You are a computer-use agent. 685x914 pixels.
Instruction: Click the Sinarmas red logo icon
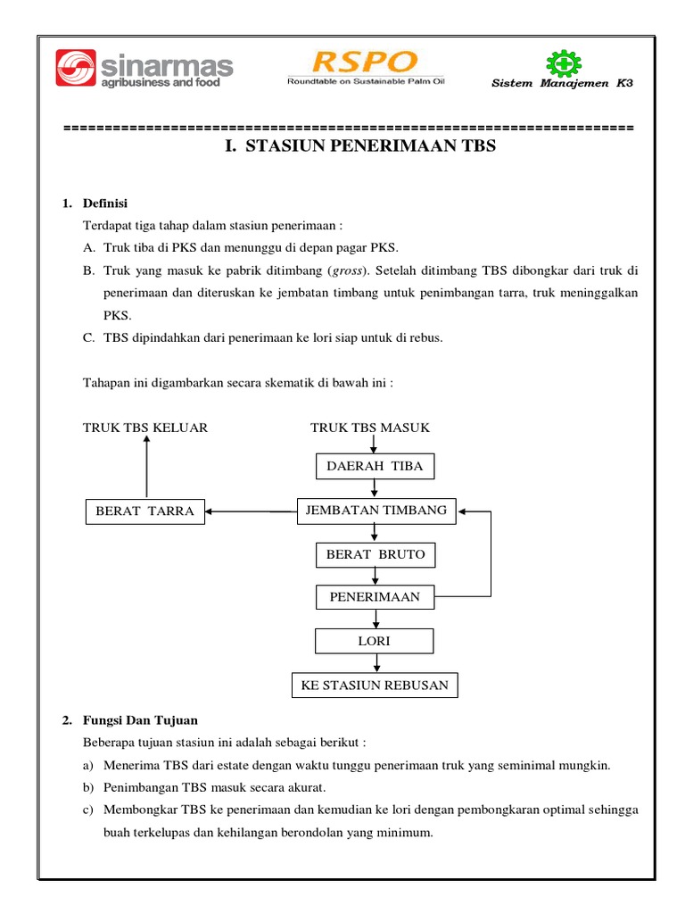77,70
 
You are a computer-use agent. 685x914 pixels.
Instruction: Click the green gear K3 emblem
562,63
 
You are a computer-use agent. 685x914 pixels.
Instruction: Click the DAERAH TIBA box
375,466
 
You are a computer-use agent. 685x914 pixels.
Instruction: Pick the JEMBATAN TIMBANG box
376,510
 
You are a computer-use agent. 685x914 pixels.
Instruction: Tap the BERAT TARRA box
144,511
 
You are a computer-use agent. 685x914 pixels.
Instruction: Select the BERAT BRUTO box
375,554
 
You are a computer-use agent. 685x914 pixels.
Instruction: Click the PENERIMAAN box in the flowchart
375,596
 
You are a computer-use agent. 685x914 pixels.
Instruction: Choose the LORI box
375,641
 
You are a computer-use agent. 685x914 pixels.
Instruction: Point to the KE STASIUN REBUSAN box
375,685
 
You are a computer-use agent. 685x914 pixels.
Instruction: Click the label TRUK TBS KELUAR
145,428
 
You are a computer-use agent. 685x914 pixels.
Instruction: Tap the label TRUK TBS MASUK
370,428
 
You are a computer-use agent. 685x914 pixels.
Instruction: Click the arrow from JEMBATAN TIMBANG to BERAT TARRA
251,511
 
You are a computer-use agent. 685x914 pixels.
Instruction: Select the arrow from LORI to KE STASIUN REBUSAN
376,663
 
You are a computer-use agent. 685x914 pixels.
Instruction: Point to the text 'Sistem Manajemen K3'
563,84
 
